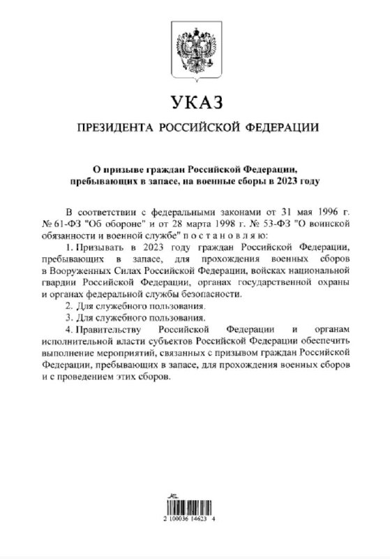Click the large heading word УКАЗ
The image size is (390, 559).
(195, 103)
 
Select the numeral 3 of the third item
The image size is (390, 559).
(67, 318)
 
